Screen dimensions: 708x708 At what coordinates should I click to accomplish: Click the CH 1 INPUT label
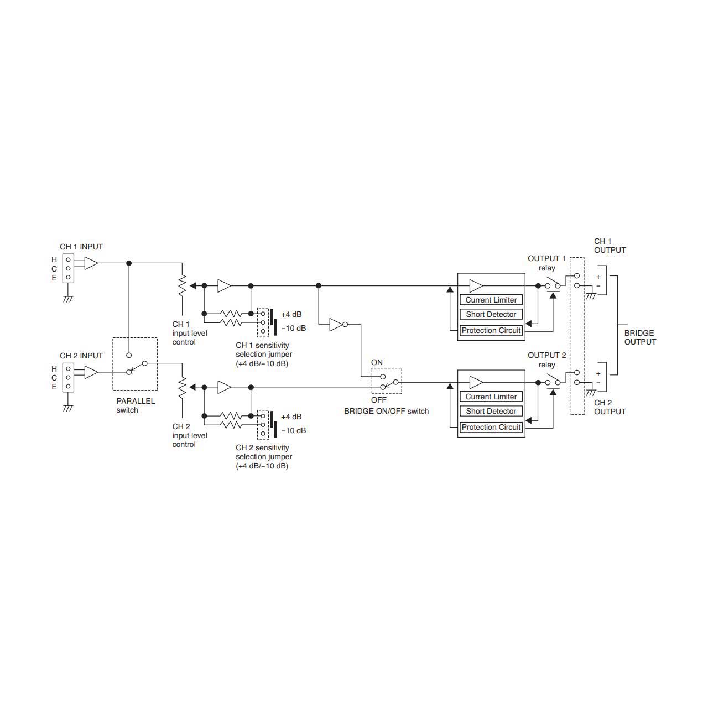81,247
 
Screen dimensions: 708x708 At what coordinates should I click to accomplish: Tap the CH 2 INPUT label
81,356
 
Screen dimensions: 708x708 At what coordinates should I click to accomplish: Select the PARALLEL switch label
136,405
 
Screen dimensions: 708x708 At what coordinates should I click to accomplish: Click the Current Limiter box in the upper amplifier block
491,300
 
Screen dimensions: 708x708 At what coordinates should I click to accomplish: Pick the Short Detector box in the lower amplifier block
491,411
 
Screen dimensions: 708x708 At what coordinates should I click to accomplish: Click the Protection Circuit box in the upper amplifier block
491,330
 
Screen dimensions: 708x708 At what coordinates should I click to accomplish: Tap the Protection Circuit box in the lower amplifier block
491,427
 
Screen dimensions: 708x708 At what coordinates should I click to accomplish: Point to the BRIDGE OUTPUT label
640,337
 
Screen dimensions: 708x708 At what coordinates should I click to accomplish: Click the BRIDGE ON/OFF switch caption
386,411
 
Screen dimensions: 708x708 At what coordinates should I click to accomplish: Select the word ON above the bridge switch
377,362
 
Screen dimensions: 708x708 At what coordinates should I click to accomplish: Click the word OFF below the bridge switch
378,400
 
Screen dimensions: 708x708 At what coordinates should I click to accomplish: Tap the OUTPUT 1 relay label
546,263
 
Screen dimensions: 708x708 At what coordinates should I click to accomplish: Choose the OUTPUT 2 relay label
546,360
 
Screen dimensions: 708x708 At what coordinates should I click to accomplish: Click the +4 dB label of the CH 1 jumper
291,315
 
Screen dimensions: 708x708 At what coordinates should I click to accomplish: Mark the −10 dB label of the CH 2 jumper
293,430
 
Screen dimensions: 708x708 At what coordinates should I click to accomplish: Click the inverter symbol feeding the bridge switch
339,325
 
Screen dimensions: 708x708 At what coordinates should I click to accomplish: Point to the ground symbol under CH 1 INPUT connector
68,299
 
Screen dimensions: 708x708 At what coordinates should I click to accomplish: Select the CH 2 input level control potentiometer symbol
182,387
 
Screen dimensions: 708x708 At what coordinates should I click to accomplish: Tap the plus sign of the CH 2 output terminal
598,374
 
